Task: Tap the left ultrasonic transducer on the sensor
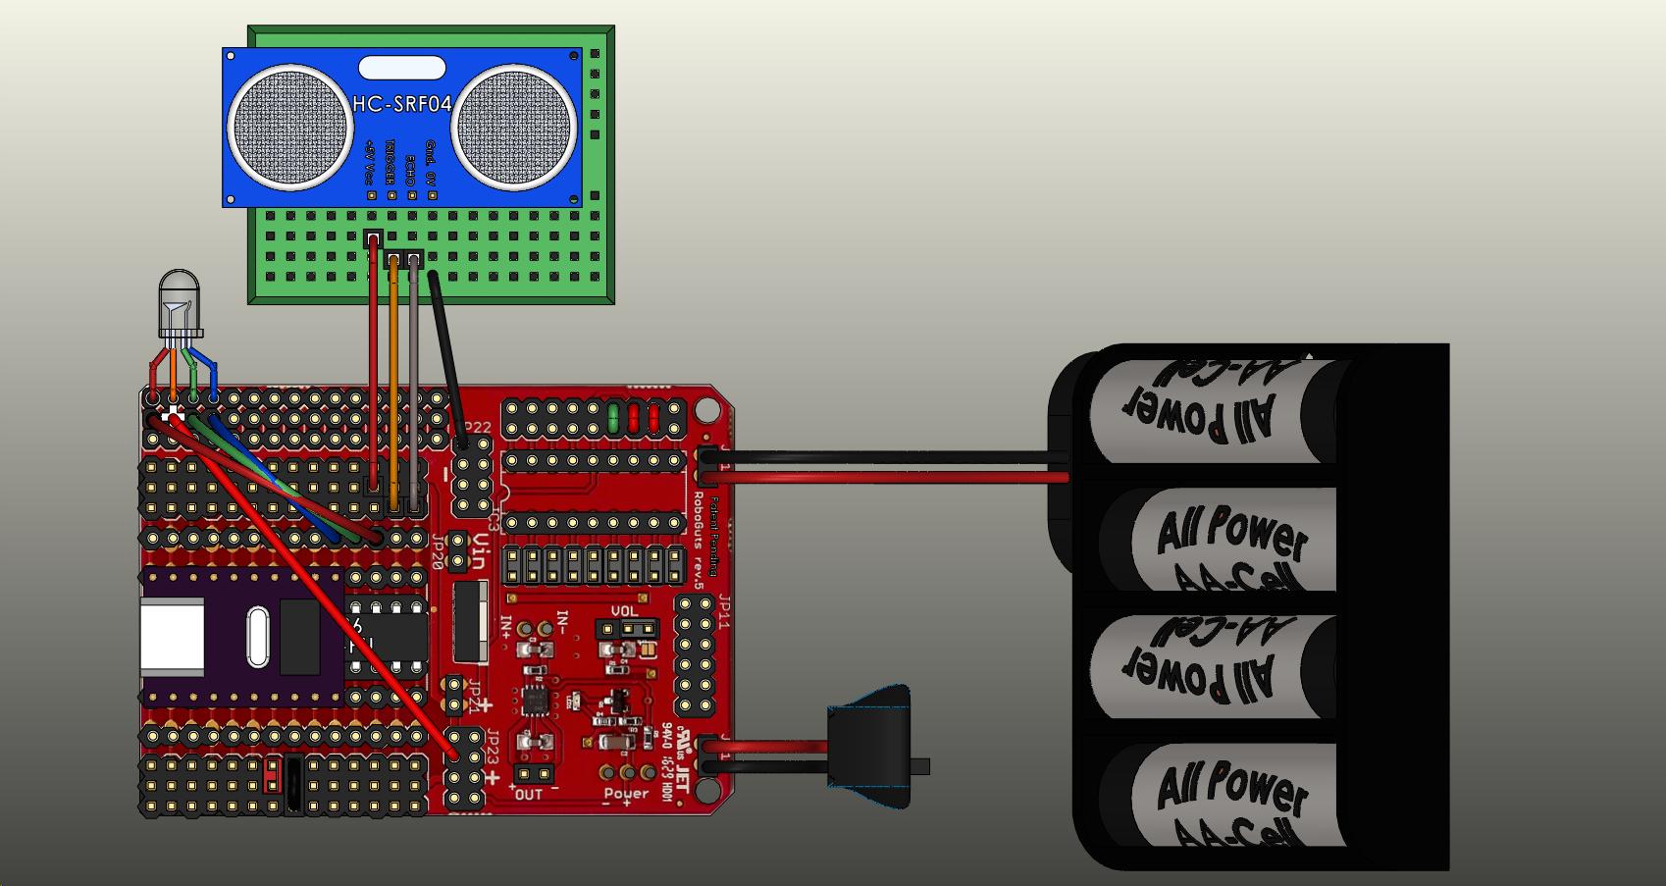[x=290, y=128]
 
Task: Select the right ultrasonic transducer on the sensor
[x=513, y=128]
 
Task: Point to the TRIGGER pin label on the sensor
[x=390, y=162]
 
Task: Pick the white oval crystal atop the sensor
[x=403, y=68]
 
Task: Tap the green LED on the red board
[x=613, y=417]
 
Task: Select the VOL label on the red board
[x=624, y=611]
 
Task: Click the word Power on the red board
[x=626, y=793]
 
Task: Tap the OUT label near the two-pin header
[x=529, y=794]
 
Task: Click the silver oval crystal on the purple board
[x=257, y=637]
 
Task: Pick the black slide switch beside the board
[x=871, y=746]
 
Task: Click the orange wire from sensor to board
[x=394, y=383]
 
